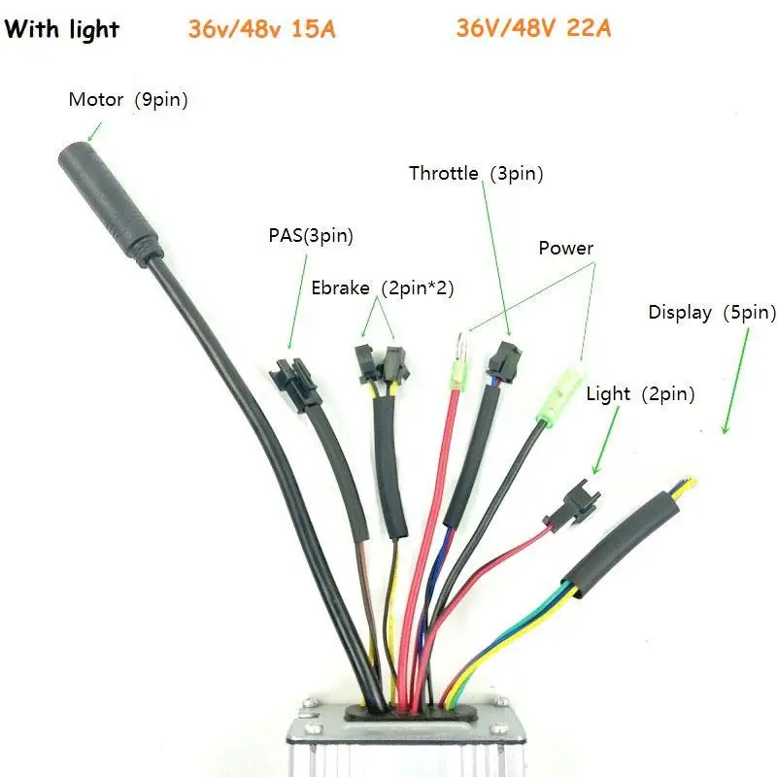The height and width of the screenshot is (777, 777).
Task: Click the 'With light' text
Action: (x=62, y=29)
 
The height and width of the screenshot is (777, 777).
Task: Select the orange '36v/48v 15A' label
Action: (x=262, y=29)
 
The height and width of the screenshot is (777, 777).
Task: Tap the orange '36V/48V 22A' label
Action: (x=534, y=28)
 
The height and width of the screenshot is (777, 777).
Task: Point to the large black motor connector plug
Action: (x=106, y=198)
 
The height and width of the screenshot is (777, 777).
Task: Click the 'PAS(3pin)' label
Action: (x=310, y=235)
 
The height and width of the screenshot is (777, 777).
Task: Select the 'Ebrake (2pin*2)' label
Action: (x=383, y=288)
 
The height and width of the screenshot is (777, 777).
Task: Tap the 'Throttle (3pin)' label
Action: (x=475, y=174)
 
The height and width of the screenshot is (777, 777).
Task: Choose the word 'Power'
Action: (x=565, y=249)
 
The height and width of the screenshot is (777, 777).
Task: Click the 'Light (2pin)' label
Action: (x=641, y=393)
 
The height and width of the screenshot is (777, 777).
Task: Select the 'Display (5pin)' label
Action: (x=712, y=313)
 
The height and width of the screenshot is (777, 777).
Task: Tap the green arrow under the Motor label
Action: (x=94, y=128)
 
